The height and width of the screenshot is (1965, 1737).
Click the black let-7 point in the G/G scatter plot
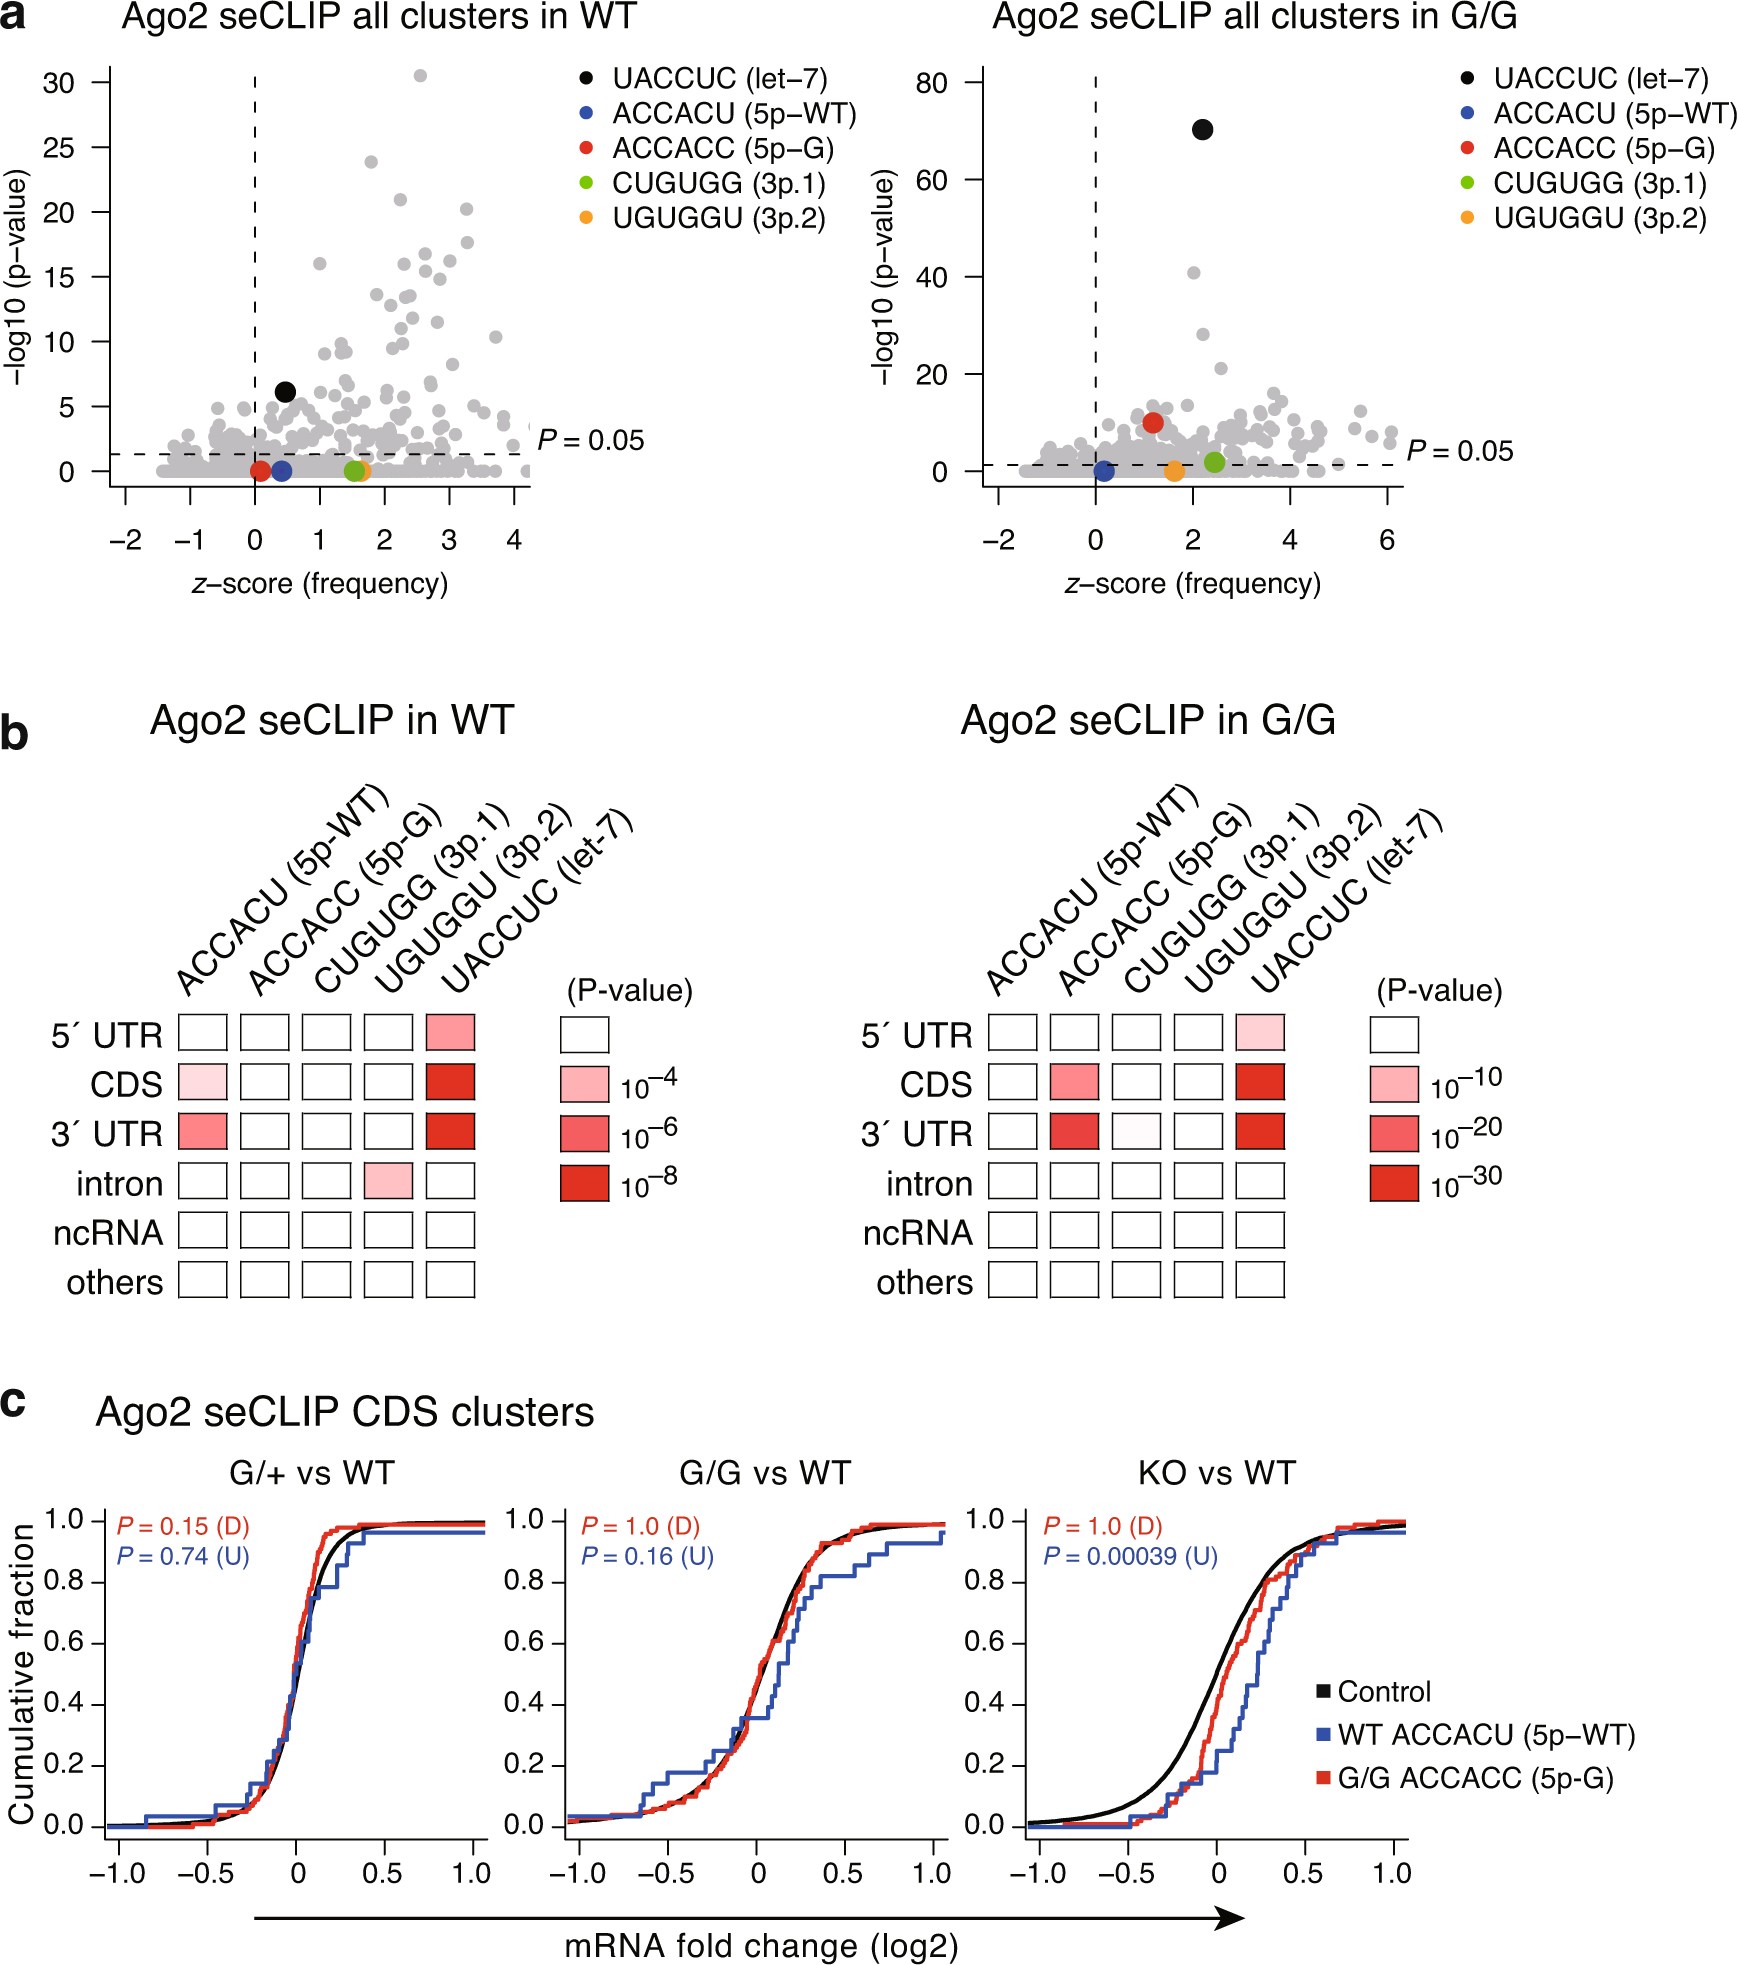1202,129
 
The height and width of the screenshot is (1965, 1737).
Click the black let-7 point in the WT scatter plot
285,392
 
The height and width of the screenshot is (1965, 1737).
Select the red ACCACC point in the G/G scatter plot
1153,422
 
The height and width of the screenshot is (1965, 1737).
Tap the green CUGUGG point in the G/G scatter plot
1214,462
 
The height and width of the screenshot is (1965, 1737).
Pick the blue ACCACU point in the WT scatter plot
281,470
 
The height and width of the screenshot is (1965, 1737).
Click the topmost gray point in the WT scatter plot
420,76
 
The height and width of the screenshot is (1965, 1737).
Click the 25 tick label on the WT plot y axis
59,147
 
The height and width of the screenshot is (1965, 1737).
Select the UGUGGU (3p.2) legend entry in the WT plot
718,218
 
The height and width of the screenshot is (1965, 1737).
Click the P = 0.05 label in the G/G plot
1459,451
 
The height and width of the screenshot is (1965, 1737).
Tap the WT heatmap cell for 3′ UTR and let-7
450,1131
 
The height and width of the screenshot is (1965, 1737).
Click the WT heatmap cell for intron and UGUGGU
388,1181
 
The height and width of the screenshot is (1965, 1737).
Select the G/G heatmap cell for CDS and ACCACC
1074,1082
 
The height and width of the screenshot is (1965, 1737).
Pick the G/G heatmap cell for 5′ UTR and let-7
1260,1032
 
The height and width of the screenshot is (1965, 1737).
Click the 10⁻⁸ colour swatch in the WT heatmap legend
585,1183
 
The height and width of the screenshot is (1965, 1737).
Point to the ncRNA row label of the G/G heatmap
917,1232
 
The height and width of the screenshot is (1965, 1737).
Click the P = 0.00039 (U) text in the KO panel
1130,1557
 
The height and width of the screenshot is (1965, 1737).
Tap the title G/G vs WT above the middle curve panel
764,1473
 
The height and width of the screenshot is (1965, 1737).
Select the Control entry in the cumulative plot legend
1383,1692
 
